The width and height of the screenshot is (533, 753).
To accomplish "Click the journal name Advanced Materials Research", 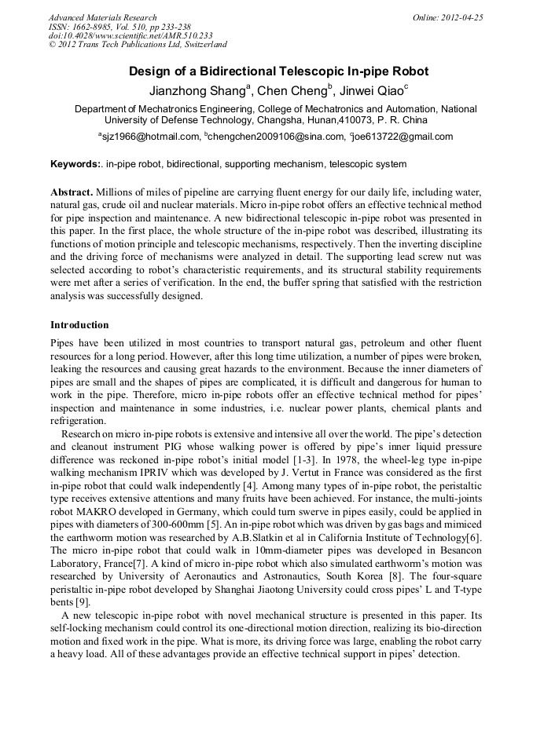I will [x=102, y=17].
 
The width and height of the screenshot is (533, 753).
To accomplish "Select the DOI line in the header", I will [x=130, y=35].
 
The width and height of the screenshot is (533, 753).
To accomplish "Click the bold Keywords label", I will [x=75, y=165].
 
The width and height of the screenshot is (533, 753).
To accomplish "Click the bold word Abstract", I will [x=72, y=192].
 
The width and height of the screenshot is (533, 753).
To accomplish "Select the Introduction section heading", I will [x=79, y=325].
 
